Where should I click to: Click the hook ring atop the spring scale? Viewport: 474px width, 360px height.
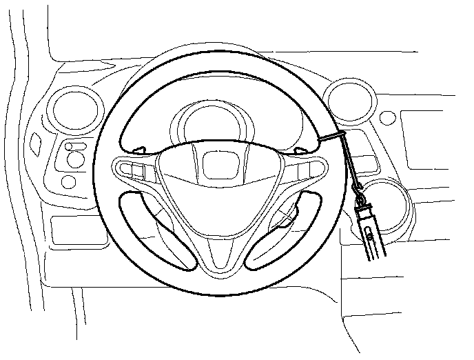(x=358, y=188)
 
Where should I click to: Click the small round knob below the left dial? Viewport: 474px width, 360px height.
(x=69, y=181)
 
